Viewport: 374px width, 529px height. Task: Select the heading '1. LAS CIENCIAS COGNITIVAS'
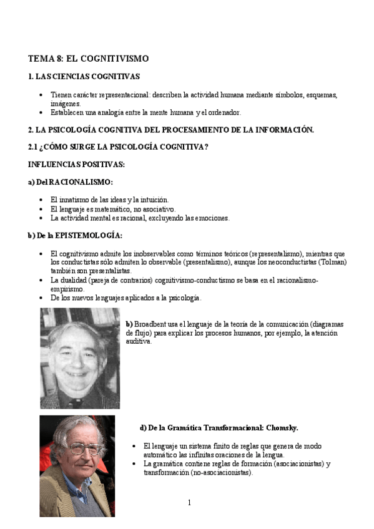pyautogui.click(x=84, y=77)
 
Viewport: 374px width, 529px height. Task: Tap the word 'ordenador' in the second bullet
pyautogui.click(x=224, y=112)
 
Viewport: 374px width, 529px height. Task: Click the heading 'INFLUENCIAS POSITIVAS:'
pyautogui.click(x=76, y=164)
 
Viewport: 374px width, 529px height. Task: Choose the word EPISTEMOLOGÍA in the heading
pyautogui.click(x=89, y=236)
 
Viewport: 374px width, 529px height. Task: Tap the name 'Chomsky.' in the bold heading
pyautogui.click(x=282, y=428)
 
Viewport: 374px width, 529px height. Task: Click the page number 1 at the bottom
pyautogui.click(x=189, y=503)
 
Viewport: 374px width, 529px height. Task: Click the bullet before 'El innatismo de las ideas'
pyautogui.click(x=41, y=200)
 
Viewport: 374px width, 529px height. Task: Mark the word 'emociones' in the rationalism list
pyautogui.click(x=212, y=218)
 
